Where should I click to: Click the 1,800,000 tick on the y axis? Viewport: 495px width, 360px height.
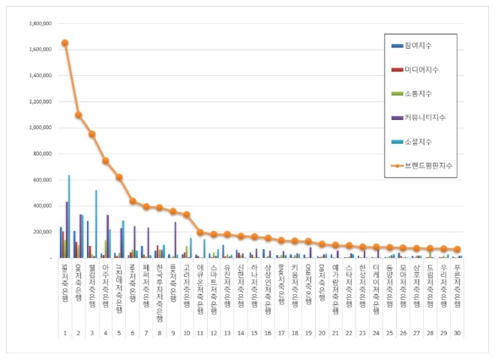pos(39,23)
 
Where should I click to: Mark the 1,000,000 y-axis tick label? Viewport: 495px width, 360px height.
pos(39,127)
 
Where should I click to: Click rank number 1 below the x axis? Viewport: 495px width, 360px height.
pos(65,333)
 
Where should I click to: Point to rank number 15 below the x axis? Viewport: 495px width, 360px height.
pos(254,333)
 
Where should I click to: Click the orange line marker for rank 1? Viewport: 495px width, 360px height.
pos(64,43)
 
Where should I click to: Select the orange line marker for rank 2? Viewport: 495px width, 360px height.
pos(78,115)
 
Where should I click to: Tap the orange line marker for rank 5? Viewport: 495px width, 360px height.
pos(118,177)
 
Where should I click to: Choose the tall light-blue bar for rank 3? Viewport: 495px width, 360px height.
pos(96,224)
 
